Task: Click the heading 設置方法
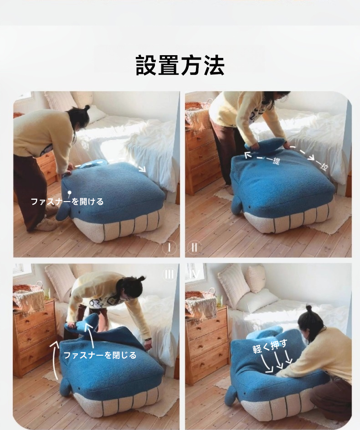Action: point(180,65)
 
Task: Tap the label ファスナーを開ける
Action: point(67,202)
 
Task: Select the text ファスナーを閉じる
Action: point(100,355)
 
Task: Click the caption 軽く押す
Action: point(270,346)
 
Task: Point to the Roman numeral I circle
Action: point(169,248)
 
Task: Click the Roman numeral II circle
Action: point(194,248)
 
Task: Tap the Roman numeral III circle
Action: point(170,274)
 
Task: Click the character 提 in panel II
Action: point(275,160)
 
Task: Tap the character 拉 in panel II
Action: point(324,166)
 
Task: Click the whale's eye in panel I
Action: point(79,212)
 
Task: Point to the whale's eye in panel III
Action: point(79,389)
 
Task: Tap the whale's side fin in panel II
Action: point(237,205)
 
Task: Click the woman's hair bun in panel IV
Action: point(309,308)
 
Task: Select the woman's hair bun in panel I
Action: point(87,107)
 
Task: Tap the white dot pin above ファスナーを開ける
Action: point(70,193)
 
